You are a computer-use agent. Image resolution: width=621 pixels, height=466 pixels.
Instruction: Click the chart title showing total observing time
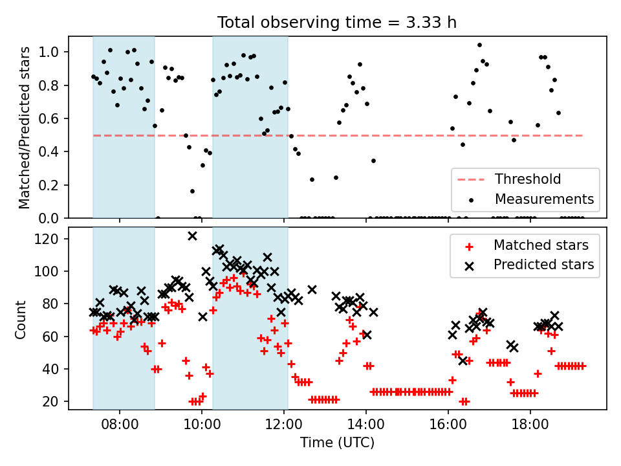coord(337,22)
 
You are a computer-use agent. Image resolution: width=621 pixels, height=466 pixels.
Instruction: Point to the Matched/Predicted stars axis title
coord(25,128)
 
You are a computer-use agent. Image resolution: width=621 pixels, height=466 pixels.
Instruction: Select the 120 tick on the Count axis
coord(52,239)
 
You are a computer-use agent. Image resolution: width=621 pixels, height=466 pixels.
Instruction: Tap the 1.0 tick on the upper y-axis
coord(52,52)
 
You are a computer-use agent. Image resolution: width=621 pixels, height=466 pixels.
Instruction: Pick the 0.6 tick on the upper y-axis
coord(52,119)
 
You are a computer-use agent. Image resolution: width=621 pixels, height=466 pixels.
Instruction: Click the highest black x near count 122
coord(192,236)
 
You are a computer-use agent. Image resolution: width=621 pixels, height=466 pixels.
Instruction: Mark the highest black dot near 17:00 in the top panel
coord(479,45)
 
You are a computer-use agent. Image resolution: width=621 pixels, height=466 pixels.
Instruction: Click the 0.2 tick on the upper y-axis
coord(52,185)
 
